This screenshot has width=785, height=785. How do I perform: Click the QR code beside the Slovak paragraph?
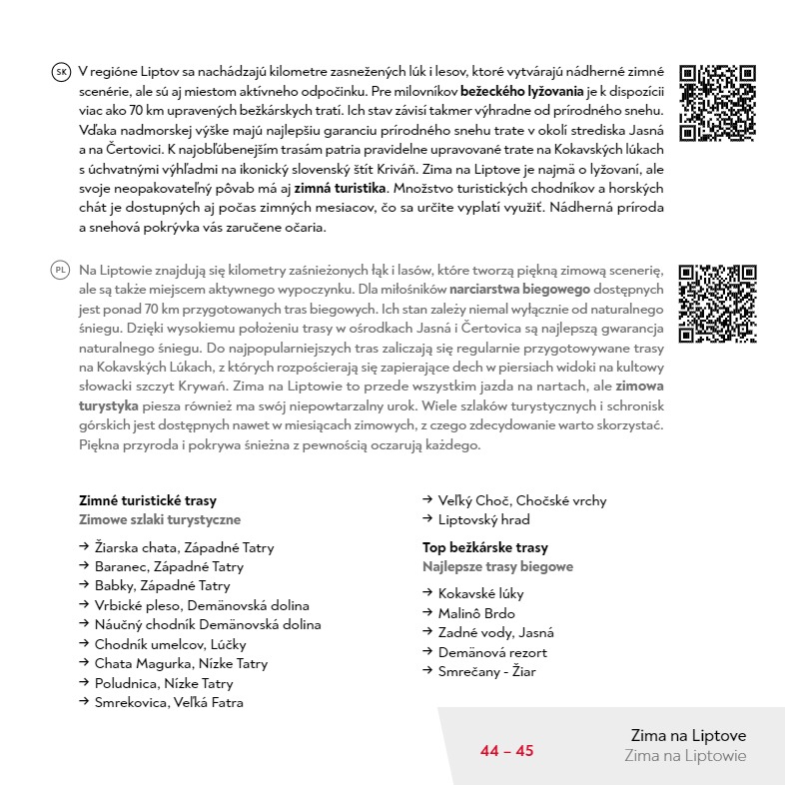click(x=716, y=103)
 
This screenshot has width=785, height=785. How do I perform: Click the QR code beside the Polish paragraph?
click(x=716, y=304)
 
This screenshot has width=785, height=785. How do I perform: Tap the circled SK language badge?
click(x=61, y=72)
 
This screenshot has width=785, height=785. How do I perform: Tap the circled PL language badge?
click(x=61, y=271)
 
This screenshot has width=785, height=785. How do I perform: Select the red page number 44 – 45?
click(x=507, y=751)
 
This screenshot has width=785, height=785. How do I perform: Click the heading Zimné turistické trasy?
click(x=148, y=500)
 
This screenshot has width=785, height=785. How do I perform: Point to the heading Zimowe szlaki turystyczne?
click(x=160, y=519)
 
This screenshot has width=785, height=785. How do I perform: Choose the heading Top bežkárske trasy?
click(x=485, y=547)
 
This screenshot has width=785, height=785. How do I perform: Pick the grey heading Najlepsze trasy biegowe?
click(x=498, y=566)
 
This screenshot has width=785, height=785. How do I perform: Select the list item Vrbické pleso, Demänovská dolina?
click(x=202, y=605)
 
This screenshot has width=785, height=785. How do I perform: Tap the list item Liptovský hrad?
click(x=483, y=519)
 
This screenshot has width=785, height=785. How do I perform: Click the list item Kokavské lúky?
click(x=480, y=593)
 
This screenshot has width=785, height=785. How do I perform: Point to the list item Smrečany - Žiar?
click(x=486, y=671)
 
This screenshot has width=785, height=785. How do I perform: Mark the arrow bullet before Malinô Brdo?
click(x=427, y=612)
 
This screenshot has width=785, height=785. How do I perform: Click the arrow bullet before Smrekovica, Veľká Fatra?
click(x=84, y=702)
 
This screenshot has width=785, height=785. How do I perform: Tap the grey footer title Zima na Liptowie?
click(x=685, y=756)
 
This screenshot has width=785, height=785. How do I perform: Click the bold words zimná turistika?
click(x=340, y=188)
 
